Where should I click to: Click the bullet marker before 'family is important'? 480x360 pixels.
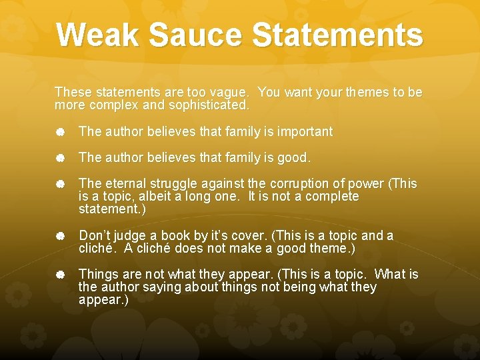coord(60,132)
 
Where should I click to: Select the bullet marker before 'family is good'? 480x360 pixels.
coord(60,158)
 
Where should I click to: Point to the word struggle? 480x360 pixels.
coord(175,183)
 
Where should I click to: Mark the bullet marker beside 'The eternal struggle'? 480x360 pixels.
coord(60,183)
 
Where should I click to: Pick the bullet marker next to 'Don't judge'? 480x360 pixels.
coord(60,235)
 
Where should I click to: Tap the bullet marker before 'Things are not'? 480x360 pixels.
coord(60,274)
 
